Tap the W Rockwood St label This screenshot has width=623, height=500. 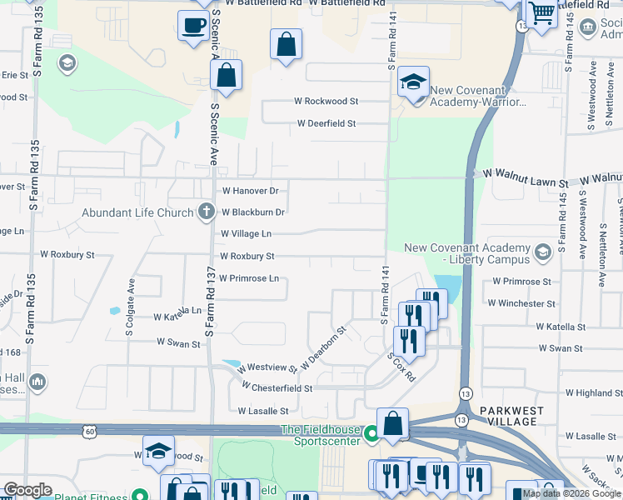pyautogui.click(x=326, y=101)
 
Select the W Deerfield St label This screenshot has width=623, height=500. pyautogui.click(x=327, y=123)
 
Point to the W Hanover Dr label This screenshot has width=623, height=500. pyautogui.click(x=249, y=190)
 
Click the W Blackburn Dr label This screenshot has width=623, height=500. pyautogui.click(x=253, y=212)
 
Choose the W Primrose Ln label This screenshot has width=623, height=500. pyautogui.click(x=248, y=278)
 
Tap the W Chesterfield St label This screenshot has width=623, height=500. pyautogui.click(x=277, y=388)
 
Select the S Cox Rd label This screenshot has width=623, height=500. pyautogui.click(x=401, y=366)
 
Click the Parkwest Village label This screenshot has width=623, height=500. pyautogui.click(x=508, y=416)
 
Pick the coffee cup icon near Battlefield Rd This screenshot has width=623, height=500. pyautogui.click(x=194, y=26)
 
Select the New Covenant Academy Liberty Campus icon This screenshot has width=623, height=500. pyautogui.click(x=543, y=251)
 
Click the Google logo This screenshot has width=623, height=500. pyautogui.click(x=28, y=490)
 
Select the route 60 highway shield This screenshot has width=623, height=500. pyautogui.click(x=89, y=431)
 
